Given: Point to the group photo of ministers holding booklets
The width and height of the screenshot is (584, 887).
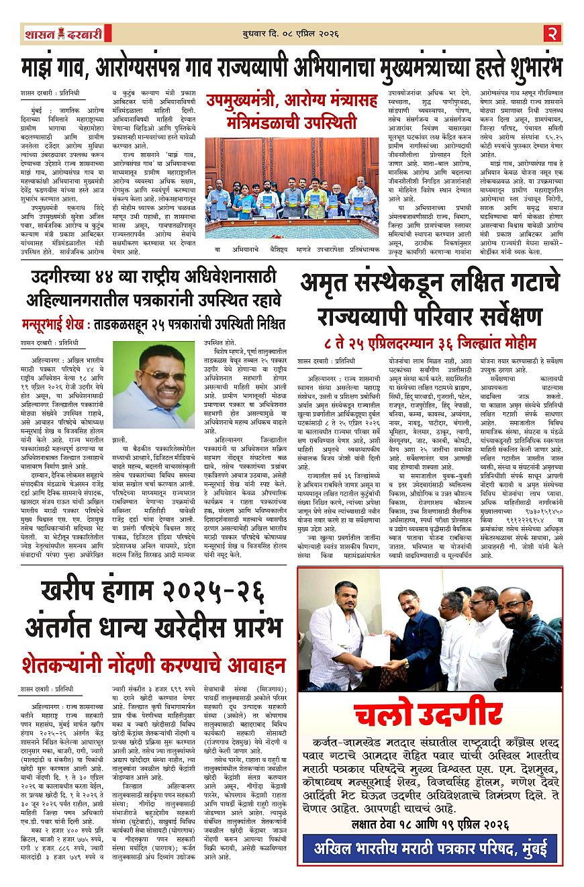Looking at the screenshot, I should pyautogui.click(x=292, y=195).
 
